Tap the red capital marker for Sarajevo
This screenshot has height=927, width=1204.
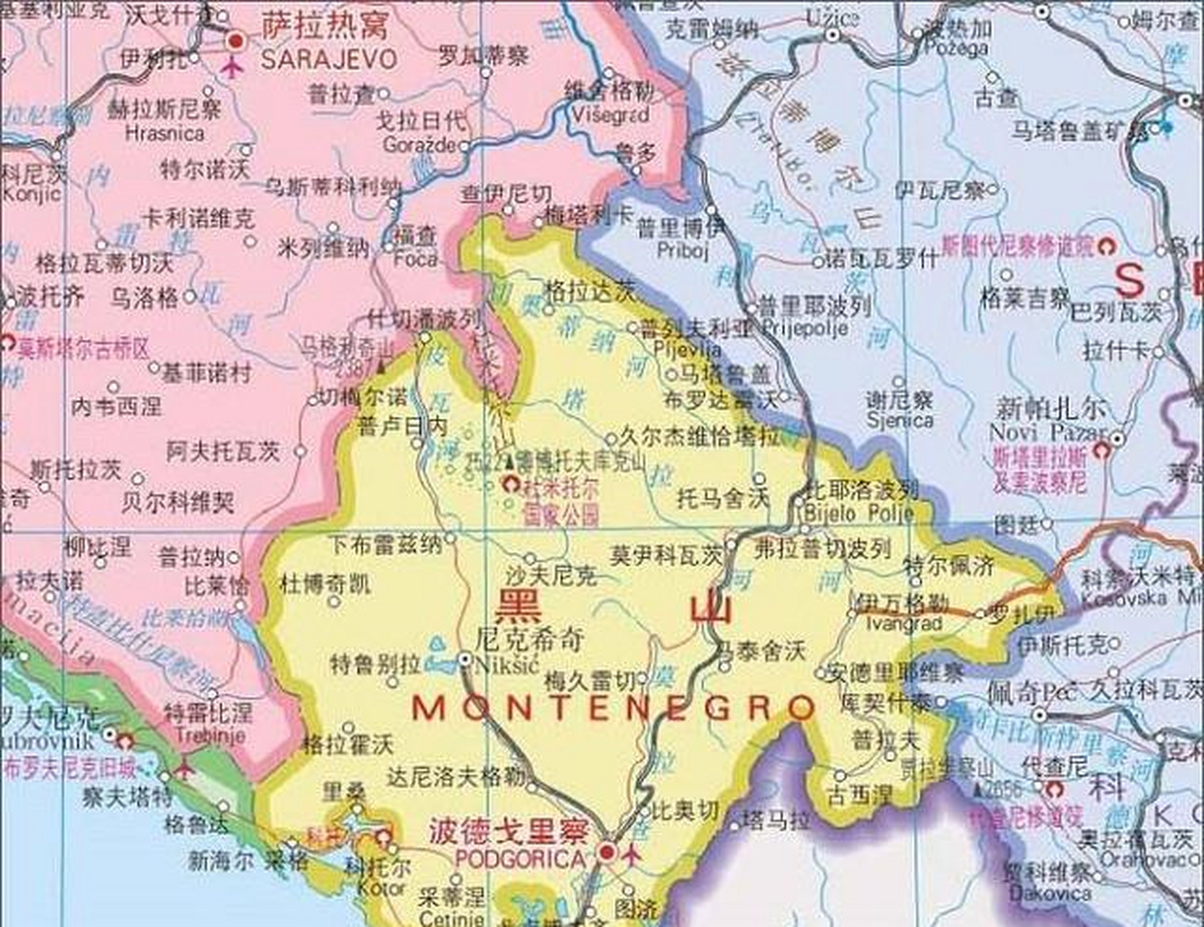click(x=235, y=41)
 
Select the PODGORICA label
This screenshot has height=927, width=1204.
click(x=519, y=859)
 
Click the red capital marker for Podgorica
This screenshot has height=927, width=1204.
click(x=607, y=853)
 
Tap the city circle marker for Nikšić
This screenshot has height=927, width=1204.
click(x=465, y=660)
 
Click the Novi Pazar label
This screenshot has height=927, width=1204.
click(x=1048, y=433)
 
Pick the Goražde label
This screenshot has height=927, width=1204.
click(x=419, y=145)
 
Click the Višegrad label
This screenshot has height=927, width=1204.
click(x=611, y=114)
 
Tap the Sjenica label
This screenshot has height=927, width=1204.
click(x=900, y=420)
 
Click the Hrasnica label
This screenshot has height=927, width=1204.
click(x=164, y=133)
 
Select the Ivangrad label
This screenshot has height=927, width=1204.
click(x=904, y=623)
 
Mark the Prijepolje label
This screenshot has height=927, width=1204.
click(x=805, y=329)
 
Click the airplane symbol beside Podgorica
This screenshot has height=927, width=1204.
click(x=632, y=855)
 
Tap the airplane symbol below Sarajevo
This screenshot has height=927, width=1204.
click(x=233, y=68)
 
